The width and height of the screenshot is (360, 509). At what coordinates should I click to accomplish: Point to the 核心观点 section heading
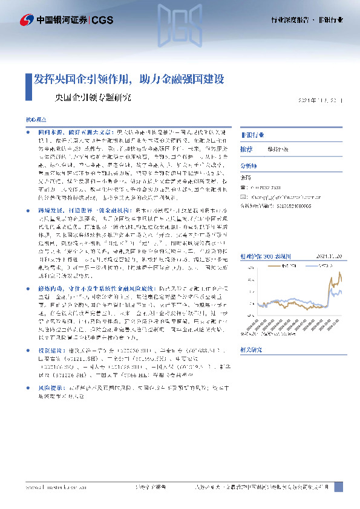35,120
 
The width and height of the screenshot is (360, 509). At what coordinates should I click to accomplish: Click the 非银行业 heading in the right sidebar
253,134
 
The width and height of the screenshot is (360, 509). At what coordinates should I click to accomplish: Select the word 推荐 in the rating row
246,148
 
